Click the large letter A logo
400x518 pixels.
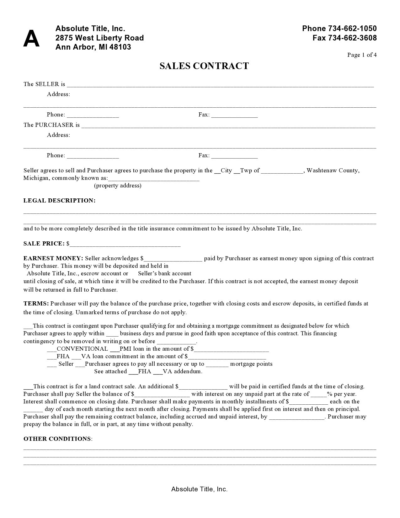pos(31,39)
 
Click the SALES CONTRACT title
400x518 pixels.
pos(204,66)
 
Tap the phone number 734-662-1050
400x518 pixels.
pos(352,29)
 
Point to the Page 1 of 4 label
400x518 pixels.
pos(362,55)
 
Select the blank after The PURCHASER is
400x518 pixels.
pos(228,125)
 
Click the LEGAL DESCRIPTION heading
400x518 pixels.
pos(59,201)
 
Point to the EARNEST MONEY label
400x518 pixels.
pos(53,258)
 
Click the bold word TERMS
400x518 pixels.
pos(36,304)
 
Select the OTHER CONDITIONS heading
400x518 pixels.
pos(58,439)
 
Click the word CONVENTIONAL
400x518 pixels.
pos(82,349)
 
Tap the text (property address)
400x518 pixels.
pos(118,186)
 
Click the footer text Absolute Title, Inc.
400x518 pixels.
pos(199,489)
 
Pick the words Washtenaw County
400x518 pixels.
pos(333,170)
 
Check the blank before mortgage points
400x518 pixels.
pos(217,364)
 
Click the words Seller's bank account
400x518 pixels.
pos(164,273)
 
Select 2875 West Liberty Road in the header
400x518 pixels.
pos(99,38)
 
